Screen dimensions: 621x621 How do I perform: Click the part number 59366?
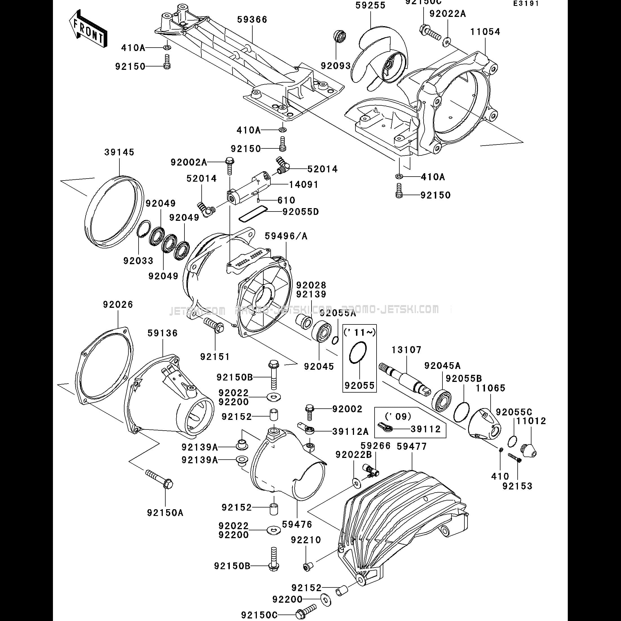(252, 20)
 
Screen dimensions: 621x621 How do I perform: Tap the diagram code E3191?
(526, 4)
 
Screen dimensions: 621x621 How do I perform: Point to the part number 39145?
(119, 152)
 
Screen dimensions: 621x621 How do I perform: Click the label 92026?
(118, 304)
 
